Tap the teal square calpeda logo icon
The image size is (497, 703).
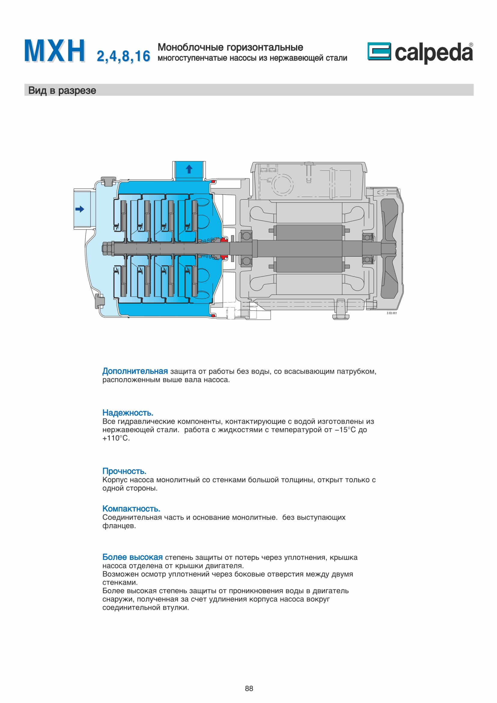tap(379, 51)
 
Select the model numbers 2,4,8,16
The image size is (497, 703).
tap(123, 56)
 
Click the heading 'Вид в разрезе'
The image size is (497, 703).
tap(62, 91)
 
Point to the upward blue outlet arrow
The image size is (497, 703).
tap(189, 169)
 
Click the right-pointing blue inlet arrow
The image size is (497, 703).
tap(80, 209)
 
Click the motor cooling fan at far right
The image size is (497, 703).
tap(389, 248)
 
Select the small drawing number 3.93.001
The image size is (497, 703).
tap(392, 313)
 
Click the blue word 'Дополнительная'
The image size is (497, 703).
tap(135, 371)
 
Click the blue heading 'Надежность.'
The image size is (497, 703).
tap(128, 413)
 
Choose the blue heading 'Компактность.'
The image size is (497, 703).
tap(131, 509)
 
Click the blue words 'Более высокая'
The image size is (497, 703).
tap(132, 557)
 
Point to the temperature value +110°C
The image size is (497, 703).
tap(116, 438)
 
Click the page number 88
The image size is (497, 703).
tap(249, 688)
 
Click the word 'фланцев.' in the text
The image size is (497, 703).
tap(119, 526)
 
